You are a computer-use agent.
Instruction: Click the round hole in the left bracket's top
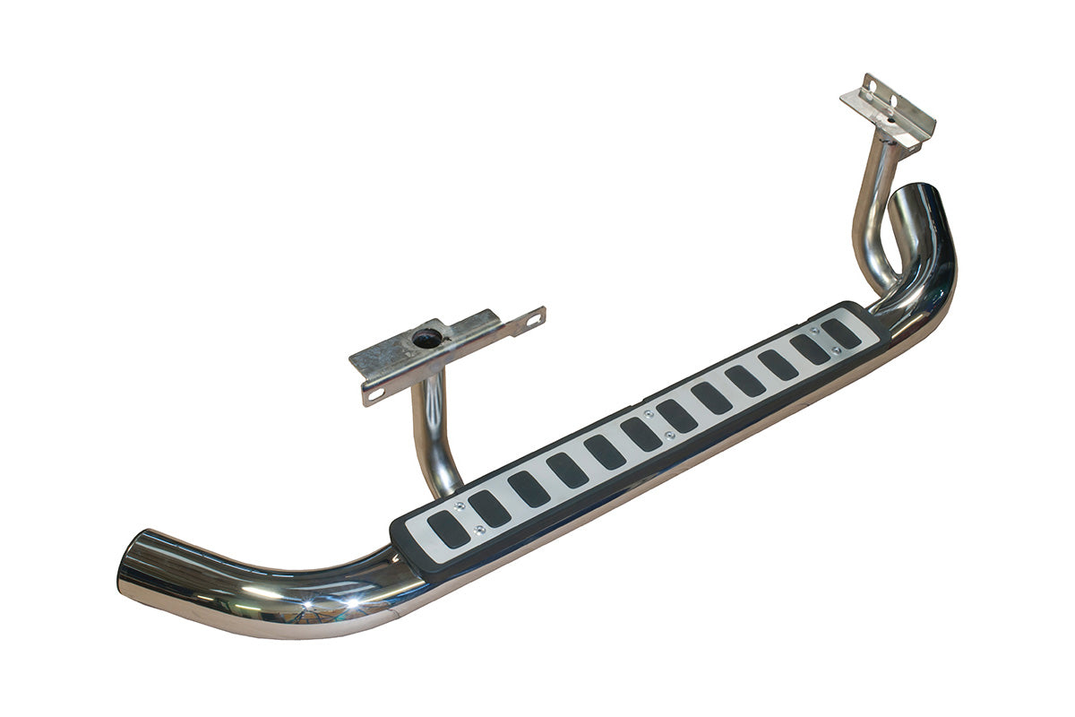pyautogui.click(x=427, y=338)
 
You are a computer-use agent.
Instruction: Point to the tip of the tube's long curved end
pyautogui.click(x=134, y=565)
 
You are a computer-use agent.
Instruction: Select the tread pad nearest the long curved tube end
pyautogui.click(x=448, y=530)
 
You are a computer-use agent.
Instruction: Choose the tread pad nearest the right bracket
pyautogui.click(x=841, y=333)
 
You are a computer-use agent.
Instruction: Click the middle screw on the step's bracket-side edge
pyautogui.click(x=648, y=415)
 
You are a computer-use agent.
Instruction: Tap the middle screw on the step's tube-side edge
pyautogui.click(x=669, y=436)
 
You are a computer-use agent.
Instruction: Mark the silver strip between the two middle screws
pyautogui.click(x=658, y=426)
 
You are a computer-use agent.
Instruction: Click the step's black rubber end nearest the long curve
pyautogui.click(x=400, y=547)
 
